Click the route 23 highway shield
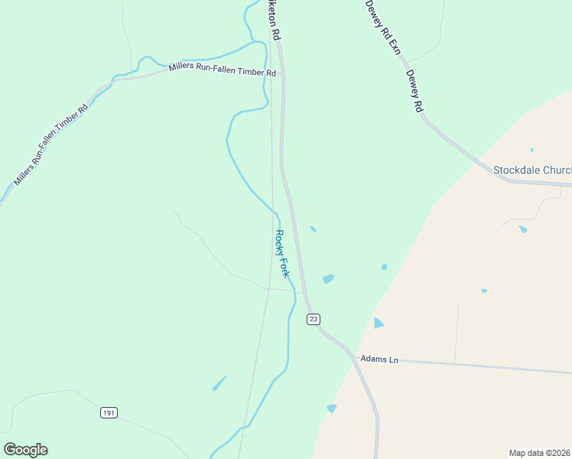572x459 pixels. tap(314, 318)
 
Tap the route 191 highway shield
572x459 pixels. tap(109, 413)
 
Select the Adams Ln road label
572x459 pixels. tap(380, 359)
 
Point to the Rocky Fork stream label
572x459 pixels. tap(282, 253)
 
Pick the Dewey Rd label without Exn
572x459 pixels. tap(414, 92)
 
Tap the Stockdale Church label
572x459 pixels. tap(532, 170)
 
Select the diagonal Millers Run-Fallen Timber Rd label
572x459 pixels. tap(51, 143)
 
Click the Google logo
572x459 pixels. tap(25, 450)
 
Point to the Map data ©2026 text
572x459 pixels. tap(540, 452)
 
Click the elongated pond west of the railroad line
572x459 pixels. tap(219, 382)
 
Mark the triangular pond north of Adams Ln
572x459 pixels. tap(378, 323)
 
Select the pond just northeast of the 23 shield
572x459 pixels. tap(328, 279)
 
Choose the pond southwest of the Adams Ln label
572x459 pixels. tap(331, 409)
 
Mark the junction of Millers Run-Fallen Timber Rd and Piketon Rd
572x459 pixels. tap(281, 74)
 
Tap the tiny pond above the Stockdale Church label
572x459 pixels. tap(531, 150)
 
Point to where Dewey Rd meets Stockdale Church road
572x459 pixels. tap(509, 180)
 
